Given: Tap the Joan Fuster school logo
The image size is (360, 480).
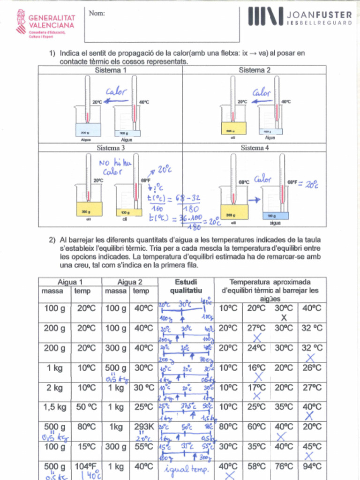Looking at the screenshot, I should tap(300, 16).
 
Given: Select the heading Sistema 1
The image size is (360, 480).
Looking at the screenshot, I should tap(111, 70).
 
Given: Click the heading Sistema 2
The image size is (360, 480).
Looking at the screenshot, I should tap(255, 70).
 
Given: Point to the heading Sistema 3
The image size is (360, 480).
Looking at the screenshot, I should tap(111, 148).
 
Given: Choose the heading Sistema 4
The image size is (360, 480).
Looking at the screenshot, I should tap(255, 148).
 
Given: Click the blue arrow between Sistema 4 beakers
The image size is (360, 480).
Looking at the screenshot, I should tap(254, 200).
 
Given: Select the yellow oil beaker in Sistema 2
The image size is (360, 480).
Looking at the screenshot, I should tap(234, 127).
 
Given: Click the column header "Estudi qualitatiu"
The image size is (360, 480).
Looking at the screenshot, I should tap(186, 286).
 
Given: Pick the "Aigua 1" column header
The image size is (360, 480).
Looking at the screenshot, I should tap(70, 282).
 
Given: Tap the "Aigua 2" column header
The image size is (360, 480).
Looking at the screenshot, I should tap(130, 282).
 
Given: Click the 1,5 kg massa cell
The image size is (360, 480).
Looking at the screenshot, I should tap(54, 407).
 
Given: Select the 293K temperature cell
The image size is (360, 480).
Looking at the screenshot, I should tap(143, 427).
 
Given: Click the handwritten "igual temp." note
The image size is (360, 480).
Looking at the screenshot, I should tap(186, 468).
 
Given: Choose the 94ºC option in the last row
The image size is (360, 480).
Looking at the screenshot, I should tap(312, 467).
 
